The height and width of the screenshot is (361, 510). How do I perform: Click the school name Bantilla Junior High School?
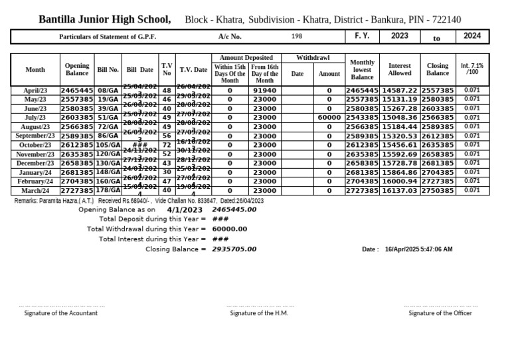point(104,19)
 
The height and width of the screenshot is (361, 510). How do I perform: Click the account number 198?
point(297,37)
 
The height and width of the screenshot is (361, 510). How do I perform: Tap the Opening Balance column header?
point(77,70)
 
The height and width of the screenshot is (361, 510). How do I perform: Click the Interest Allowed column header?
point(400,70)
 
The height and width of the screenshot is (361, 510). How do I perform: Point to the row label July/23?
point(35,118)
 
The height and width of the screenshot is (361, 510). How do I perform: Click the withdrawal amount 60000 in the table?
point(329,118)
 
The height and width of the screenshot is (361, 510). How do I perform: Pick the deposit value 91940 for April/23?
point(264,90)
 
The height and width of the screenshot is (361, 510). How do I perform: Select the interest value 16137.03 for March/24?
point(400,191)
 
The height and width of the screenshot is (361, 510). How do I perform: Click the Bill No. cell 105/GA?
point(108,145)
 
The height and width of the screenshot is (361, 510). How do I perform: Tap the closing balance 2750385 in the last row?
point(438,191)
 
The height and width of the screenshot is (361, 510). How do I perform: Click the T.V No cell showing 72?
point(167,145)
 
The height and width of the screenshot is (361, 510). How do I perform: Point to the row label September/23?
point(35,136)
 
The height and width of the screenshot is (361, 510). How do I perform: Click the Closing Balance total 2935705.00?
point(234,249)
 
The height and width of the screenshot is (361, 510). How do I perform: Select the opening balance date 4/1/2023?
point(185,210)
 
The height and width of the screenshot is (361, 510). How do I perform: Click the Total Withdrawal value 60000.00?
point(230,229)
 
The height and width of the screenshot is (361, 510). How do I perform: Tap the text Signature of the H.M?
point(259,313)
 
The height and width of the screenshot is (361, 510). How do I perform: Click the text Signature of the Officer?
point(440,313)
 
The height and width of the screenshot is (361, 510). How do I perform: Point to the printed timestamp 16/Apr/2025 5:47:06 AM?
point(418,249)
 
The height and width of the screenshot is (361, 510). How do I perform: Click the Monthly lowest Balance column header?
point(362,70)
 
